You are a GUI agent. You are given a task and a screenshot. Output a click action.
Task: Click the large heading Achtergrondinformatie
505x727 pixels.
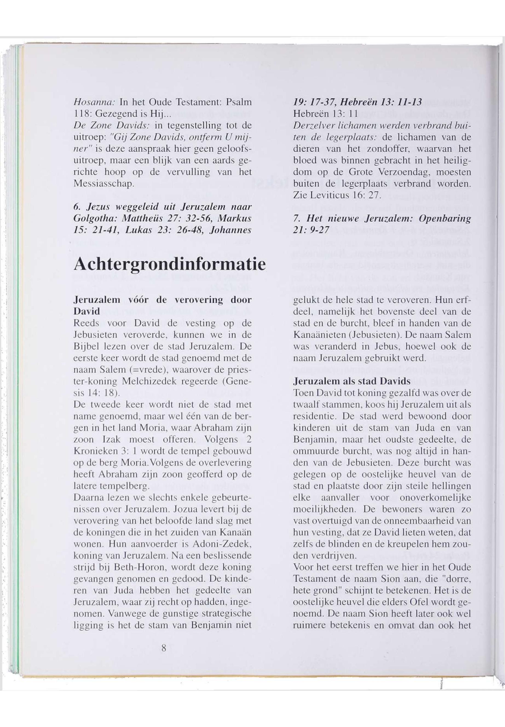click(x=169, y=265)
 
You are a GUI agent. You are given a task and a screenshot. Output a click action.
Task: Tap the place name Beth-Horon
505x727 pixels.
click(x=140, y=556)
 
